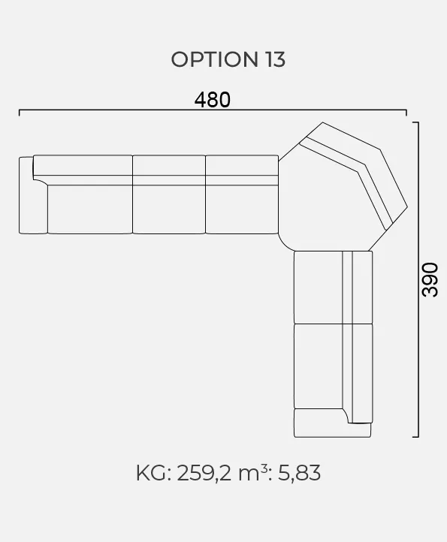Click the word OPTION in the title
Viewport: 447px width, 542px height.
(215, 59)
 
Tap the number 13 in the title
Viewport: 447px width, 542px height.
(276, 59)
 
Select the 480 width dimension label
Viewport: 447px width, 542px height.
(213, 100)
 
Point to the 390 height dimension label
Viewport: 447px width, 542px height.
(430, 280)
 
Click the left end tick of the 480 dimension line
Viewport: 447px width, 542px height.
(20, 113)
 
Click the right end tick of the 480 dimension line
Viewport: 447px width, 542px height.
(406, 113)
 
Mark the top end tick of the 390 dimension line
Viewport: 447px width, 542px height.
(415, 122)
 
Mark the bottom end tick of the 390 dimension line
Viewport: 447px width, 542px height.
(415, 437)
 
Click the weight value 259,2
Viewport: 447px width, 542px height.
(204, 473)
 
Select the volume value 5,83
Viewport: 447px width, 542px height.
(299, 473)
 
